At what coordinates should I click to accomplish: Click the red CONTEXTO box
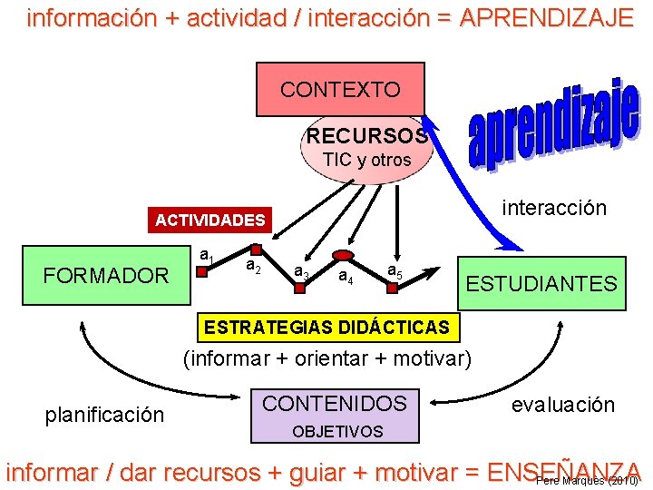340,89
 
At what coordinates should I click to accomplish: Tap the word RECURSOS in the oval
367,136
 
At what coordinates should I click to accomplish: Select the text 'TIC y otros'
366,160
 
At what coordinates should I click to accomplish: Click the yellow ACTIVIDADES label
210,220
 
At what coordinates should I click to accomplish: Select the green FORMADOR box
106,275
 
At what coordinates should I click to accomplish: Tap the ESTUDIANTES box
541,283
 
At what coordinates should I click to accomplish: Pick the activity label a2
254,265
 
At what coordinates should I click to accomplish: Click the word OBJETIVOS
337,431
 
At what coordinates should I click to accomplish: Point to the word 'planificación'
104,415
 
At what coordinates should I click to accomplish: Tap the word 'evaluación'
562,405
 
